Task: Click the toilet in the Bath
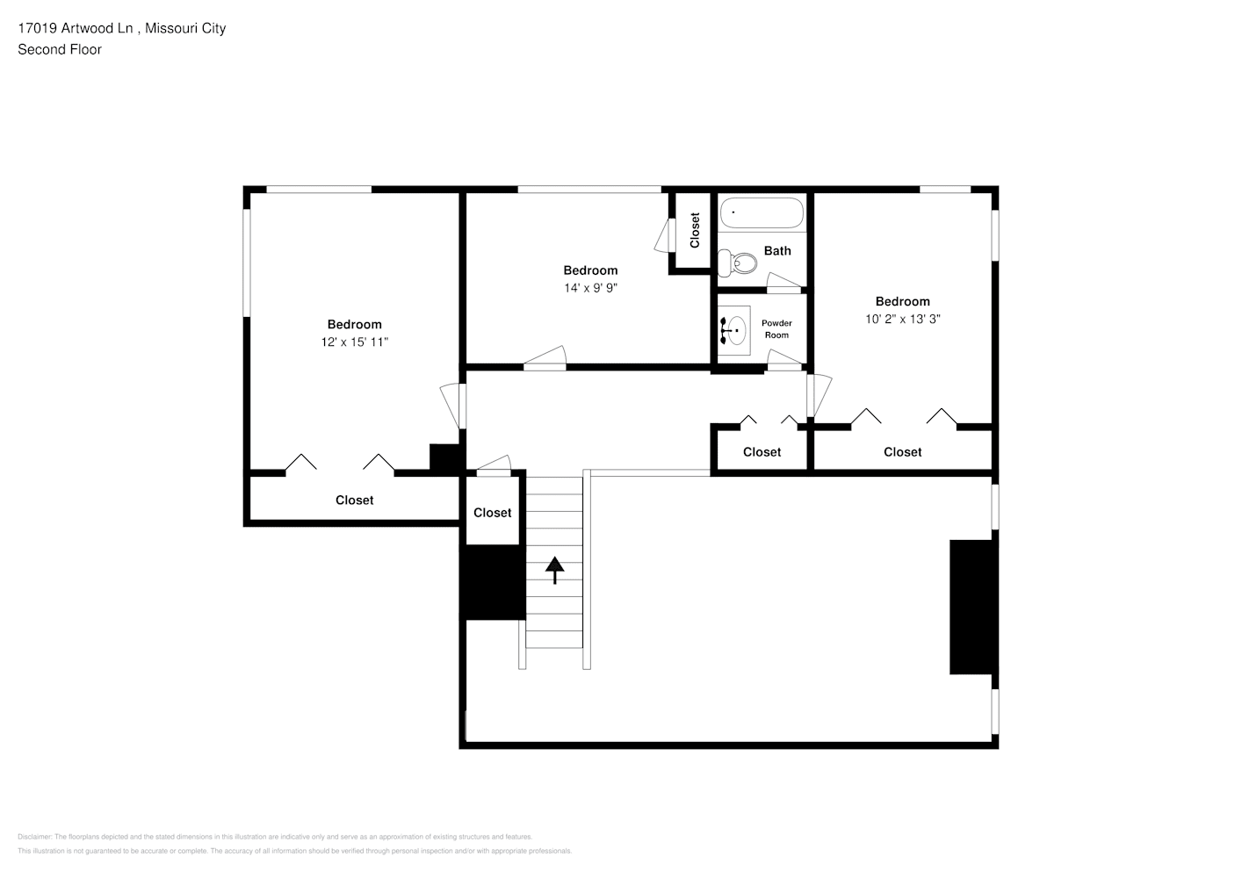(738, 262)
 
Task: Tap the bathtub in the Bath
(762, 213)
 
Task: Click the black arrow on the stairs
(555, 569)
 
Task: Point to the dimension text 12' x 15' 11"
(355, 342)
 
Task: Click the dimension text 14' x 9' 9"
(590, 288)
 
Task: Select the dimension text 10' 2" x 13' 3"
(902, 319)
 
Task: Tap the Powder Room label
(776, 329)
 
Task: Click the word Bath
(777, 250)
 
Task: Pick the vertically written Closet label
(695, 230)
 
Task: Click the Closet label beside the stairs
(492, 513)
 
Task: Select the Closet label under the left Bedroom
(355, 500)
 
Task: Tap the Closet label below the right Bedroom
(902, 451)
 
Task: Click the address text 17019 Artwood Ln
(76, 28)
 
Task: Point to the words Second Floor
(60, 49)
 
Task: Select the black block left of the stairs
(493, 582)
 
